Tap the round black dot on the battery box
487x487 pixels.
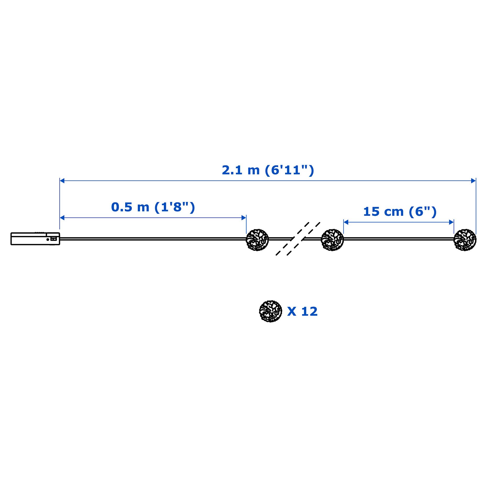pos(48,239)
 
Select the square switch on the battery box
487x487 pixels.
pos(54,239)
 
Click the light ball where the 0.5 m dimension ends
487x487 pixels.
pos(257,240)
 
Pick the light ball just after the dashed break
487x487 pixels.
pos(332,240)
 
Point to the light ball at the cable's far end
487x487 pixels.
pos(465,240)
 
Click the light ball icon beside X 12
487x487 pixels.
pos(270,311)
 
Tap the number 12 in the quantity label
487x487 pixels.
pos(309,312)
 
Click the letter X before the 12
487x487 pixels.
pos(292,312)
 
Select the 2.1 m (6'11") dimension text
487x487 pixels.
pos(268,170)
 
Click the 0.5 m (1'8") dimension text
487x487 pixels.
pos(153,207)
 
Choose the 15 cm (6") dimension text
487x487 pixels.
pos(400,212)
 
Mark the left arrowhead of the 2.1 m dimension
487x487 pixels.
pos(62,181)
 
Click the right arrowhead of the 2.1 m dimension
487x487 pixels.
pos(473,181)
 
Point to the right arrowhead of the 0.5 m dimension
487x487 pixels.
pos(243,218)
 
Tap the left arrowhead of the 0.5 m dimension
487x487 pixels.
pos(62,218)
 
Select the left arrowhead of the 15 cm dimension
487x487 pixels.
pos(346,222)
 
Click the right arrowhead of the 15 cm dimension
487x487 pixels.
pos(451,222)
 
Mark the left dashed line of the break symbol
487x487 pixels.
pos(292,239)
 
